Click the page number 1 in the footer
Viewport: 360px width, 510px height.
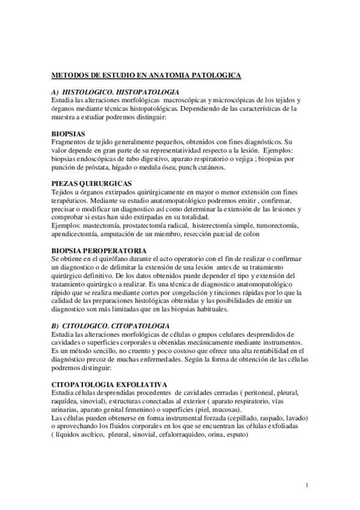pos(307,485)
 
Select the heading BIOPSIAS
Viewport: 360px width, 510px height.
pos(68,134)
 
